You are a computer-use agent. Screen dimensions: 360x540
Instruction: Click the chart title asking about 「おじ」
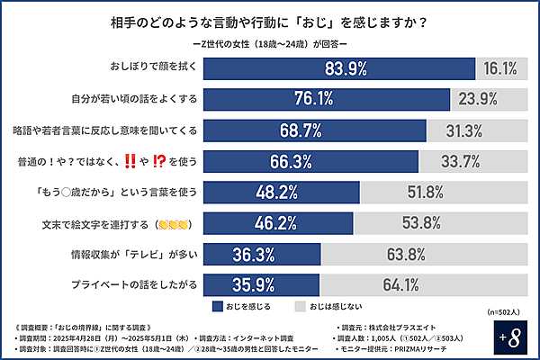point(269,20)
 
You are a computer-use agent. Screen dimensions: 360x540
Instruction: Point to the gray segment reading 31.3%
point(465,130)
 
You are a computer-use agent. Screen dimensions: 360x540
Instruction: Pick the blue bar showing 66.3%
point(311,161)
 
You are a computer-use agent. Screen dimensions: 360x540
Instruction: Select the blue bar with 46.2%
point(279,222)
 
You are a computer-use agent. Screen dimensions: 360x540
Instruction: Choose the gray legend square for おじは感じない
point(301,305)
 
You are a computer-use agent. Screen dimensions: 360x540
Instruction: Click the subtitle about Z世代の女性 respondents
point(270,42)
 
